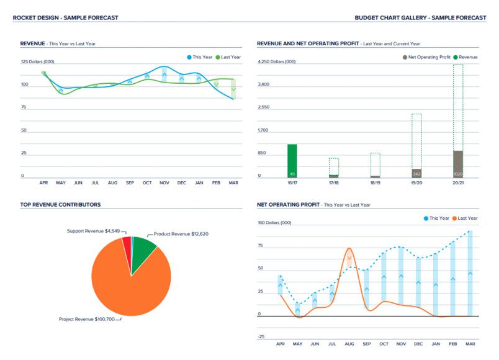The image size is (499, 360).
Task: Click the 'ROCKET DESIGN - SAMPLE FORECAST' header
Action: tap(65, 18)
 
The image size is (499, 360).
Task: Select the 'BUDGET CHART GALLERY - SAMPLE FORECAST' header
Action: tap(420, 18)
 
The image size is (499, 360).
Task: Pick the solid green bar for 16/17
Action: tap(292, 160)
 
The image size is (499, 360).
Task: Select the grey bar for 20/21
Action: tap(458, 164)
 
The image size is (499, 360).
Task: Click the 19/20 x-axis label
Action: tap(416, 184)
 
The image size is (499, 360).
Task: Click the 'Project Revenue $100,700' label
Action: tap(86, 319)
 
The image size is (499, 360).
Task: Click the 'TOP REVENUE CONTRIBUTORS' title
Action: tap(60, 204)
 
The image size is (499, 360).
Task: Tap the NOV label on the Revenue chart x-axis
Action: tap(164, 183)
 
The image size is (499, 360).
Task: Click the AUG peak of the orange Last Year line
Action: tap(349, 249)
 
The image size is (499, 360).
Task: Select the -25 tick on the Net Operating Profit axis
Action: tap(261, 336)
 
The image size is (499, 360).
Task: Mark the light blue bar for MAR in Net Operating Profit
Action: tap(470, 273)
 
